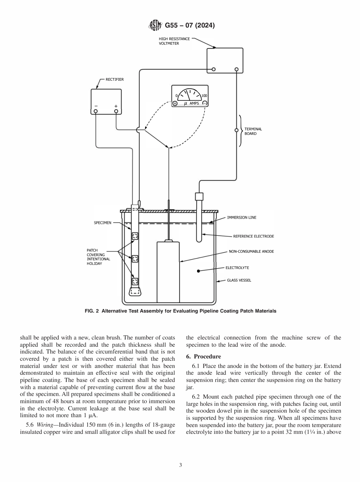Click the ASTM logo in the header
[x=156, y=26]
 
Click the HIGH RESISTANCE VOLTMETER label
[x=174, y=41]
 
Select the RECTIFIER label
[x=114, y=80]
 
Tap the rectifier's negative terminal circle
[x=96, y=111]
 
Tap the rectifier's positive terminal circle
[x=116, y=111]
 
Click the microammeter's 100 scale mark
[x=204, y=96]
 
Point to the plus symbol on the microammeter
[x=175, y=103]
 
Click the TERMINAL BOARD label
[x=253, y=131]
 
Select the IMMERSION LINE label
[x=241, y=218]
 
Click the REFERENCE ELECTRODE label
[x=253, y=236]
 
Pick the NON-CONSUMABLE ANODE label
[x=251, y=251]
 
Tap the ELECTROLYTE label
[x=237, y=268]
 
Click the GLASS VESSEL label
[x=239, y=280]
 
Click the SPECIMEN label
[x=102, y=223]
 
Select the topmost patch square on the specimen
[x=135, y=236]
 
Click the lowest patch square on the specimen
[x=135, y=281]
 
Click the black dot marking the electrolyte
[x=198, y=271]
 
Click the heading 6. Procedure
[x=203, y=357]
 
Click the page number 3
[x=180, y=465]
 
